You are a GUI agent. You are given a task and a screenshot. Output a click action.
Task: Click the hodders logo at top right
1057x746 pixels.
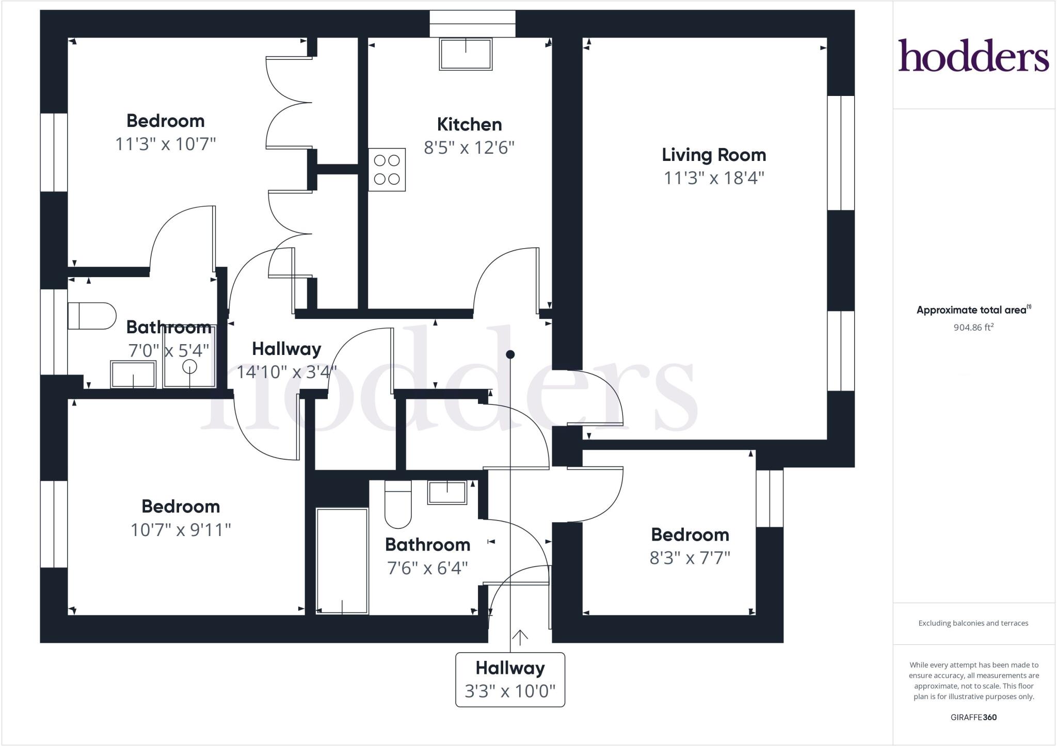[973, 56]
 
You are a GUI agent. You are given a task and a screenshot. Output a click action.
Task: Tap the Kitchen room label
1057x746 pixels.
[469, 124]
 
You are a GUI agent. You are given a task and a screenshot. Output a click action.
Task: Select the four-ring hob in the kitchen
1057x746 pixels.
[387, 170]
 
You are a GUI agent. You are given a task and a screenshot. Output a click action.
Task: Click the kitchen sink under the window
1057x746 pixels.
[466, 54]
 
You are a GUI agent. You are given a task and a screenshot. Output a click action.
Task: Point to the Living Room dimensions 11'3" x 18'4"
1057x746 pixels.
[713, 178]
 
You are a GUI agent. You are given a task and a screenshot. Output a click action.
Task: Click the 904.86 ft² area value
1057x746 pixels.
[973, 327]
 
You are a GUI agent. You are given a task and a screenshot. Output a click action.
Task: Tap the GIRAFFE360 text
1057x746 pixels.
[973, 717]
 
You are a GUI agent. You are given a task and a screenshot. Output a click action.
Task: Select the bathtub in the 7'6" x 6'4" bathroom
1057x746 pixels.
[342, 561]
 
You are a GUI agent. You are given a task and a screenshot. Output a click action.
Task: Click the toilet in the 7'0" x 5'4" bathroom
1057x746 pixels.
[91, 316]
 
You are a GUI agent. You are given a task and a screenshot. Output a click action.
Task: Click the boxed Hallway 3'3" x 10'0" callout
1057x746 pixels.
[510, 679]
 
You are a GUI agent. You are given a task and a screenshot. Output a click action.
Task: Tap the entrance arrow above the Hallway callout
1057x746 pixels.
[520, 638]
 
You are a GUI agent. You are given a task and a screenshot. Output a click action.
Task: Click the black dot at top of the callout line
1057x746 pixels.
[510, 354]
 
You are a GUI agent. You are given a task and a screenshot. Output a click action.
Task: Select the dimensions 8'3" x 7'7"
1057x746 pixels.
[690, 558]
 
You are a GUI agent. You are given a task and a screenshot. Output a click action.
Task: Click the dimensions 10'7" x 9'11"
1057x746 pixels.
[181, 530]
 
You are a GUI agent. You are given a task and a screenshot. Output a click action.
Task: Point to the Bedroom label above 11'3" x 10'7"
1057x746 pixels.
[165, 121]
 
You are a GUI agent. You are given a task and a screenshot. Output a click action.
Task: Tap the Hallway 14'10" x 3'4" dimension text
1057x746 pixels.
[286, 371]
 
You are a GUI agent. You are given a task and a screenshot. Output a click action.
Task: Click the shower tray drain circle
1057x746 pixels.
[190, 367]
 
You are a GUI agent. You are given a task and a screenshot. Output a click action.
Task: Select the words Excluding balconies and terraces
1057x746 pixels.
[973, 623]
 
